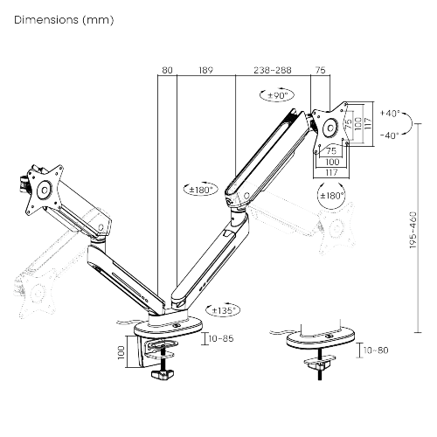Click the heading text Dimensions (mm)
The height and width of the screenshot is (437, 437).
(x=64, y=20)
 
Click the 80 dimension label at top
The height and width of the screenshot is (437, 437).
(x=167, y=70)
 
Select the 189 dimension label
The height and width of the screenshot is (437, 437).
(x=206, y=70)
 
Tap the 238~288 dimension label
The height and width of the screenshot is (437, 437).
(x=273, y=70)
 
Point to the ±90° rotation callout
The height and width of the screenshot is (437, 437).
(x=277, y=94)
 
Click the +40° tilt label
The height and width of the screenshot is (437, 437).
(x=390, y=114)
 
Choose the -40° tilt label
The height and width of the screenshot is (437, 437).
(x=390, y=135)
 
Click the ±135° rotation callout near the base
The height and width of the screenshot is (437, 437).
(x=223, y=310)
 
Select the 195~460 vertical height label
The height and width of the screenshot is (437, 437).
(x=413, y=230)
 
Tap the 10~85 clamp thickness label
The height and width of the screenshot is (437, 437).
(x=221, y=338)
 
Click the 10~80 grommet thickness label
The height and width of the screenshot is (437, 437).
(x=376, y=350)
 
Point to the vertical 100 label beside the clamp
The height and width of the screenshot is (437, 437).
(x=121, y=352)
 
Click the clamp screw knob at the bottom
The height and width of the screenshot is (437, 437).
(x=163, y=374)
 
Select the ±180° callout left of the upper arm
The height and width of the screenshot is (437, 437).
(x=201, y=190)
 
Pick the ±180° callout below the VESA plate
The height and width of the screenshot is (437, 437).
(x=331, y=196)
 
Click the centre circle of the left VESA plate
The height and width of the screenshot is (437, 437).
(x=45, y=191)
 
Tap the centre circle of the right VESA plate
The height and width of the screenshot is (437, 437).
(x=330, y=128)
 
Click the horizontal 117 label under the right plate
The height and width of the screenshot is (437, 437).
(x=331, y=172)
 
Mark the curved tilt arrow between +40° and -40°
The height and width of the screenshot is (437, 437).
(x=412, y=124)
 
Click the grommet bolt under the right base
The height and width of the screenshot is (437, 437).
(x=320, y=364)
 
